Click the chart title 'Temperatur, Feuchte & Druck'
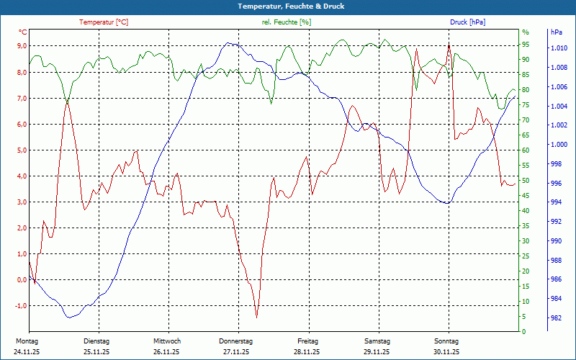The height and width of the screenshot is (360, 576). [287, 6]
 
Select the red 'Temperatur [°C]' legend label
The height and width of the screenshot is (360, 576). [104, 22]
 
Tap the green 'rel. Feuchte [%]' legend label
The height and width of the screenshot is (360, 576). [287, 22]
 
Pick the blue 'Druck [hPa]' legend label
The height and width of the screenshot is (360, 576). [467, 22]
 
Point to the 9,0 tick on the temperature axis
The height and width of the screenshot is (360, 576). [22, 46]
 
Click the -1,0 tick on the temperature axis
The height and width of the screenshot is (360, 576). [20, 306]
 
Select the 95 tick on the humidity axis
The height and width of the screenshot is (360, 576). [526, 45]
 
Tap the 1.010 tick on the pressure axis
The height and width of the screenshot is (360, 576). [559, 48]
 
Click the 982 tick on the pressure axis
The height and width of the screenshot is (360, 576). [556, 318]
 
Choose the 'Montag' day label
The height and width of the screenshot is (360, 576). [27, 341]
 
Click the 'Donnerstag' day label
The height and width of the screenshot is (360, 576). [236, 341]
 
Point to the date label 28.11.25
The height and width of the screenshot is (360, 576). [307, 352]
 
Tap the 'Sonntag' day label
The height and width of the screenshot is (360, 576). [446, 341]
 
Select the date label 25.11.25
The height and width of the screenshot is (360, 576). [96, 352]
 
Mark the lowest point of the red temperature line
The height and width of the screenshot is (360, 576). [256, 318]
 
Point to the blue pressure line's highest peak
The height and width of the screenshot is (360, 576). [229, 43]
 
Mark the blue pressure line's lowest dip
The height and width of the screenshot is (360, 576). [69, 318]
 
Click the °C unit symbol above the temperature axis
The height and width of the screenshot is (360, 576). [23, 32]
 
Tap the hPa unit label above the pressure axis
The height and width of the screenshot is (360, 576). [556, 32]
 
